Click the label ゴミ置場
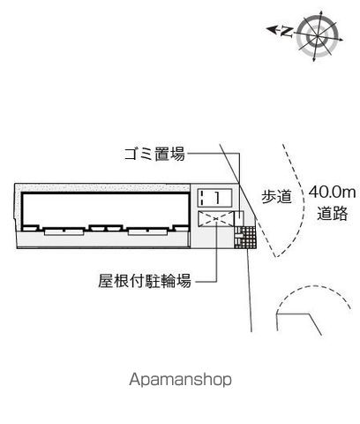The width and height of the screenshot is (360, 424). (x=154, y=154)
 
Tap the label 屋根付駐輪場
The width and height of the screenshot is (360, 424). (x=145, y=281)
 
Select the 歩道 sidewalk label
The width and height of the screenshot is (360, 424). (x=276, y=196)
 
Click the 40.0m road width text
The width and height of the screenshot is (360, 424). (x=332, y=193)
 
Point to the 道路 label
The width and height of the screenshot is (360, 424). (x=333, y=213)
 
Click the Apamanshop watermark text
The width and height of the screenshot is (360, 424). (x=180, y=379)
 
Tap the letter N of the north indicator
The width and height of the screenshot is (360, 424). (x=286, y=32)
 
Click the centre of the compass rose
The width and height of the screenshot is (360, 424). (x=318, y=36)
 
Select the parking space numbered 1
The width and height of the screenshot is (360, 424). (x=214, y=197)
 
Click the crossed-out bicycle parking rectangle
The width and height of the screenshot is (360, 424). (x=215, y=219)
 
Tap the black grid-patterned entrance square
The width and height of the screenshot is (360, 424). (x=245, y=238)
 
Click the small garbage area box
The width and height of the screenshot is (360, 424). (x=239, y=219)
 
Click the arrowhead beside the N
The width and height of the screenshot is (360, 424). (x=271, y=29)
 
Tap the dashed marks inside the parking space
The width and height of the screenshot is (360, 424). (x=202, y=197)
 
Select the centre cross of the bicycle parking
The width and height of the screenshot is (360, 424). (x=216, y=218)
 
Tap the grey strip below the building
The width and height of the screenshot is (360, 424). (x=103, y=240)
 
